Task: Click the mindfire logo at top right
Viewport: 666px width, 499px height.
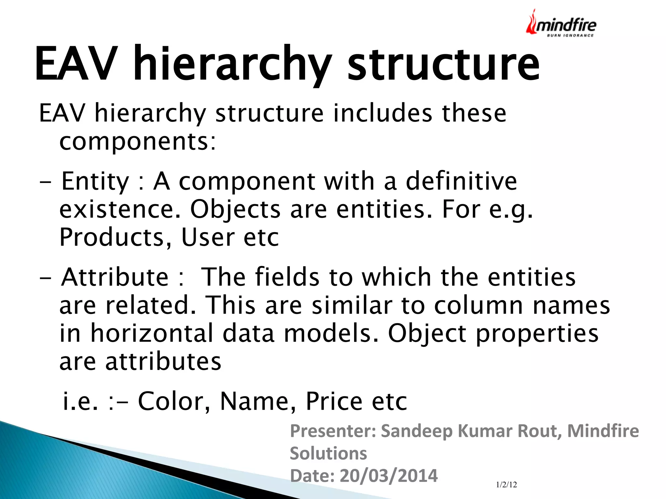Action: click(561, 23)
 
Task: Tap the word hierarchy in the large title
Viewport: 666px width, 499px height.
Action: click(233, 63)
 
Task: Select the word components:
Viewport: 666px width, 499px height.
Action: click(138, 142)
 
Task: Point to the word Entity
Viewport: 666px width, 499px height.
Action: click(95, 181)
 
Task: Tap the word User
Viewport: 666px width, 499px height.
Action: click(208, 237)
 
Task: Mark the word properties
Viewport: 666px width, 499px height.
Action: click(537, 334)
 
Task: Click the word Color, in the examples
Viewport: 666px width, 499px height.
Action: click(174, 401)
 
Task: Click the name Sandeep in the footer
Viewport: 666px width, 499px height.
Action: click(417, 431)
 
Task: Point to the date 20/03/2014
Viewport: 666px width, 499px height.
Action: click(389, 476)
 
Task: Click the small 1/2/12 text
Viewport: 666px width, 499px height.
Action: click(506, 485)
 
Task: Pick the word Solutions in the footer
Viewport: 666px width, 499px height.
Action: click(328, 453)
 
